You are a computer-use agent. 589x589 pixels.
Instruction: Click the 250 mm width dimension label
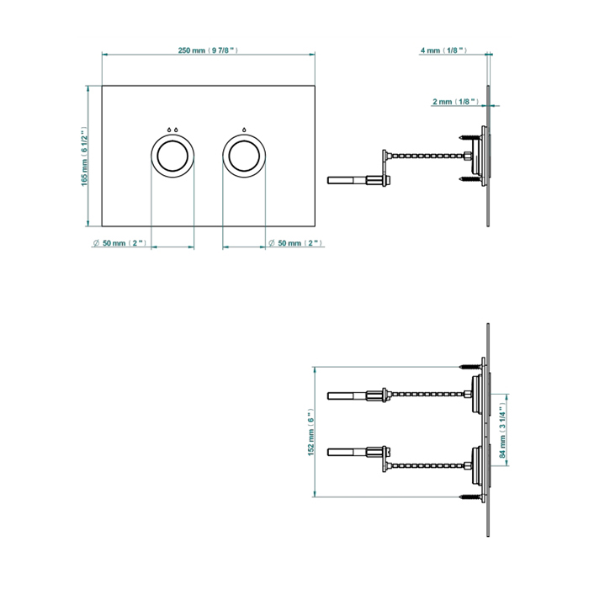pyautogui.click(x=210, y=50)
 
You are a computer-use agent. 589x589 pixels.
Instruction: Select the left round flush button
pyautogui.click(x=172, y=156)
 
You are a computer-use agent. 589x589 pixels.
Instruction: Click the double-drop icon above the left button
pyautogui.click(x=172, y=130)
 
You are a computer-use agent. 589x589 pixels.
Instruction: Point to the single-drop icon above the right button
pyautogui.click(x=245, y=130)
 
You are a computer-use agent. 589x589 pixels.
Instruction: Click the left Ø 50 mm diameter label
pyautogui.click(x=120, y=243)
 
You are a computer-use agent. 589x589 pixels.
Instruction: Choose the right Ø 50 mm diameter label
pyautogui.click(x=296, y=243)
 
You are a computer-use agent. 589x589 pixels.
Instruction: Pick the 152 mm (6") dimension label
pyautogui.click(x=310, y=432)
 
